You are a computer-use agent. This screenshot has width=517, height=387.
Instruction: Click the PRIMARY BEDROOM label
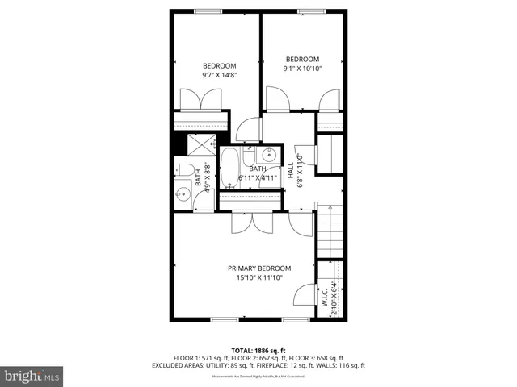(258, 268)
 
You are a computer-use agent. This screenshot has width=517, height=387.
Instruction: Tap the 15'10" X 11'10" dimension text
(258, 279)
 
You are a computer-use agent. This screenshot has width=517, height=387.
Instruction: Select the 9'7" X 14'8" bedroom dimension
(219, 75)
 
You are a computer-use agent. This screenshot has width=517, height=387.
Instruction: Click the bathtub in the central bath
(229, 167)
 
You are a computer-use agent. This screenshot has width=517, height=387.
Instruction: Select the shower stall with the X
(199, 144)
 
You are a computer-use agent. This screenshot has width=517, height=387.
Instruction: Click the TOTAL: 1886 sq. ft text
(258, 351)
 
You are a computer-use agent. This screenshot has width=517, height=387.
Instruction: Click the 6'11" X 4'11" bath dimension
(258, 178)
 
